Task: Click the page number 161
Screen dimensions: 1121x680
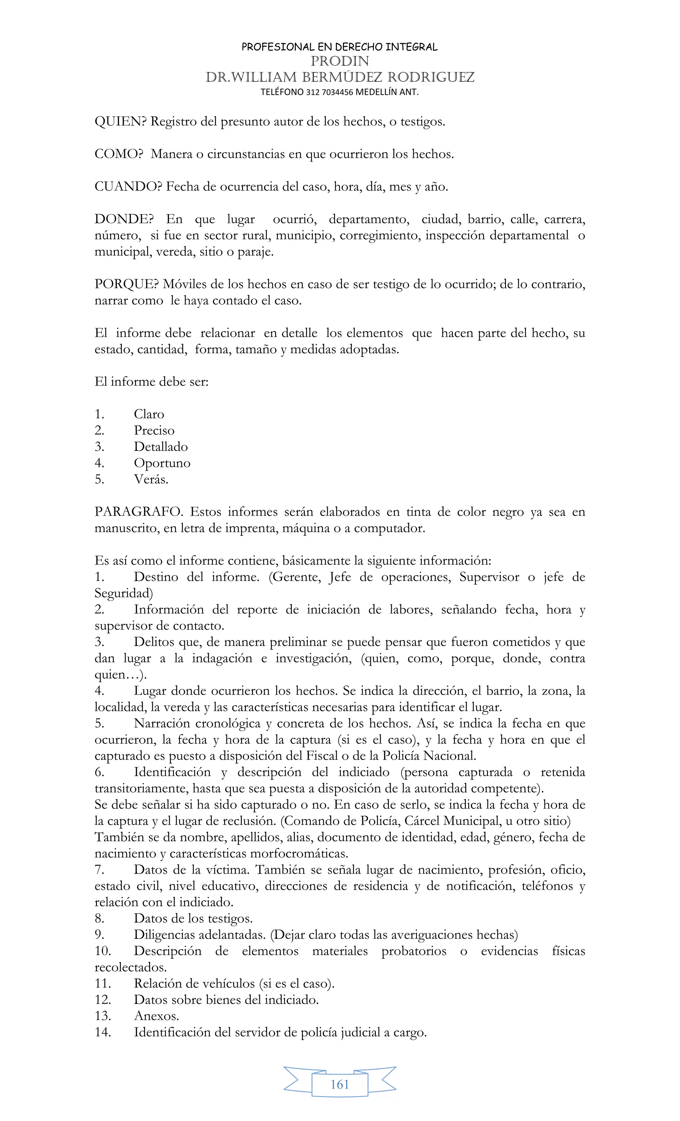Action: pyautogui.click(x=340, y=1084)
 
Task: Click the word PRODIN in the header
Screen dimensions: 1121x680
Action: pyautogui.click(x=340, y=61)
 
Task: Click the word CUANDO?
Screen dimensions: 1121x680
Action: pyautogui.click(x=128, y=186)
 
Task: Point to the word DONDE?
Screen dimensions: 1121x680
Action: pyautogui.click(x=124, y=219)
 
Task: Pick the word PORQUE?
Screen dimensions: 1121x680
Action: pyautogui.click(x=127, y=284)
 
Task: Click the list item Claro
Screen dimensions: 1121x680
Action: pyautogui.click(x=149, y=414)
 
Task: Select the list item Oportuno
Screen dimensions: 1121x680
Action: pyautogui.click(x=162, y=463)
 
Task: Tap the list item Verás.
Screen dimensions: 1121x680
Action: pyautogui.click(x=151, y=480)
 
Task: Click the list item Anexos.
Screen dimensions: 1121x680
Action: pyautogui.click(x=156, y=1016)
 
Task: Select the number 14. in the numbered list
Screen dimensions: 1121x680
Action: pyautogui.click(x=103, y=1032)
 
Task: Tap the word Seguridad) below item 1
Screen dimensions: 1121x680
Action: pyautogui.click(x=124, y=593)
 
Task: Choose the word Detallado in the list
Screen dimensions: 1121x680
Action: pyautogui.click(x=160, y=447)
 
